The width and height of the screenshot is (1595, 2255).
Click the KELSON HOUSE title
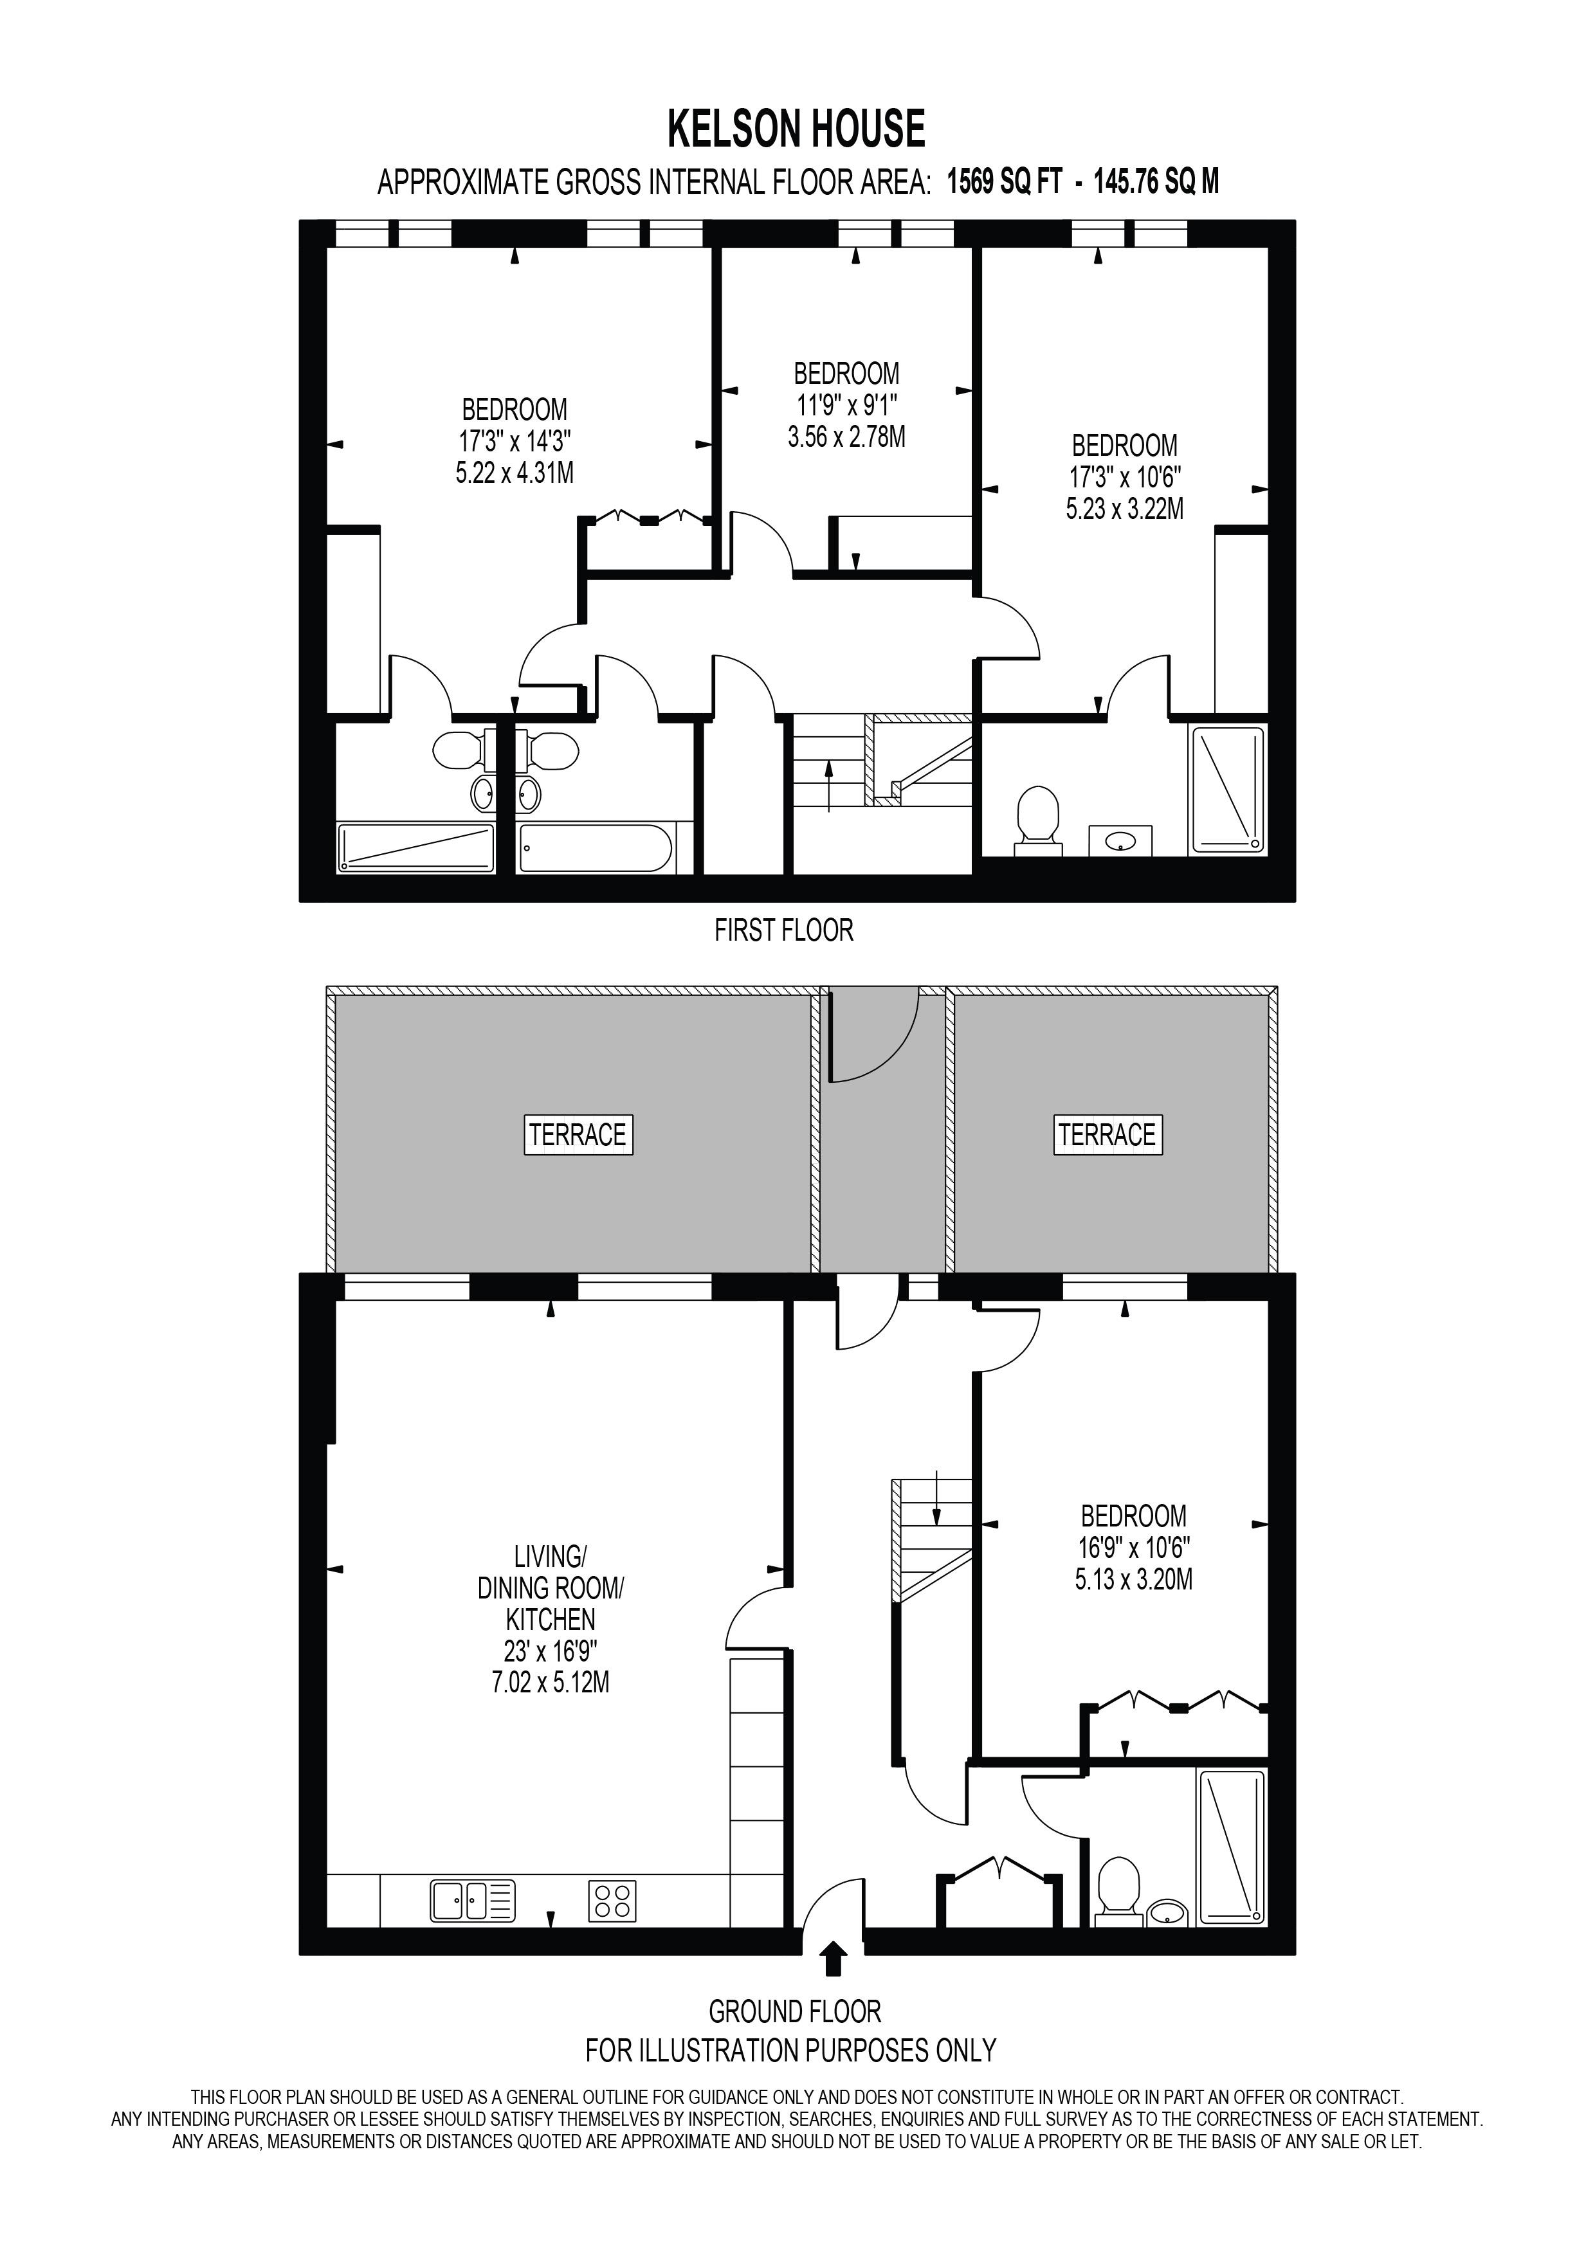796,129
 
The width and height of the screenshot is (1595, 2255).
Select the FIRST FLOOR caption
784,930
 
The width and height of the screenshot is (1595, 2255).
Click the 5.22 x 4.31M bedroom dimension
514,473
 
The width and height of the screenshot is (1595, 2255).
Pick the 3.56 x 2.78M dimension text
846,436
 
